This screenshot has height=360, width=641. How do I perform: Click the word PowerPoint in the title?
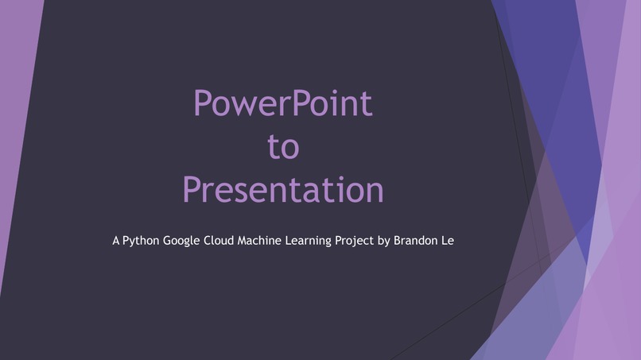point(283,104)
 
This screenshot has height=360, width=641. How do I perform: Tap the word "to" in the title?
point(283,147)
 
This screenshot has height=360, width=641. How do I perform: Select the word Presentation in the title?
point(283,190)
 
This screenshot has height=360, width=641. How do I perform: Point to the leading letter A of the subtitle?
point(116,238)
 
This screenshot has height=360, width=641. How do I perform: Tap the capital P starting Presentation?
point(192,190)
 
